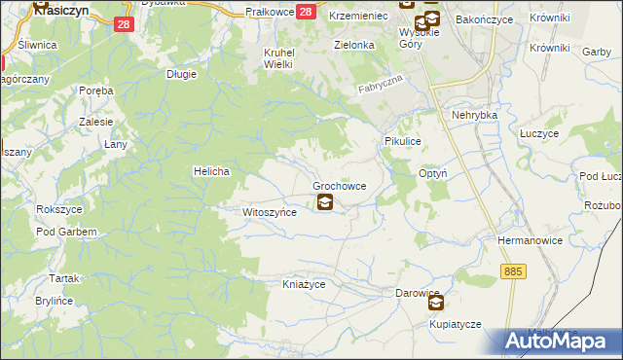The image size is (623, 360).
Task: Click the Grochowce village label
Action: (x=339, y=185)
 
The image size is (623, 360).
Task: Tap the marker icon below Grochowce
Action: (x=324, y=203)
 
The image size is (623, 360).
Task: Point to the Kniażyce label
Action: (x=303, y=284)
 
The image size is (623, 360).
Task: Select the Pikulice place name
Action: (x=402, y=141)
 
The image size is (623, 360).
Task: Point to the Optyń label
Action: (x=432, y=173)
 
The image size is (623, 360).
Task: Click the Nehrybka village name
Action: (x=474, y=115)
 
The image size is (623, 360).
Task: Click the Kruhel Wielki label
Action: (x=278, y=58)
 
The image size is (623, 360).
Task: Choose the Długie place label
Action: (x=182, y=73)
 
